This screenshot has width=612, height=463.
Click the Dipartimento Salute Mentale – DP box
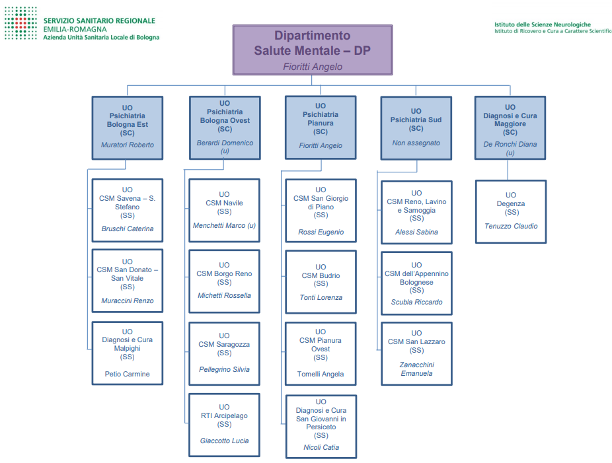click(312, 50)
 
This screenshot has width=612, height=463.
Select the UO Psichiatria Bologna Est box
click(127, 127)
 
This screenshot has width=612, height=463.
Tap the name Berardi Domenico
click(225, 143)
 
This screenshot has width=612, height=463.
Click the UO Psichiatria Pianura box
click(321, 127)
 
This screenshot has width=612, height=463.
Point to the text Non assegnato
click(416, 143)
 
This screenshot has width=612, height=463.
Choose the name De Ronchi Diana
click(510, 144)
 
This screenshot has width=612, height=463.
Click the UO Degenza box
click(511, 211)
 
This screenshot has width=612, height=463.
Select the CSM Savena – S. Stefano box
click(127, 210)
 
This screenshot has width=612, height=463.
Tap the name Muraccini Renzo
click(127, 301)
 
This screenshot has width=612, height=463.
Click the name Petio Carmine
click(127, 374)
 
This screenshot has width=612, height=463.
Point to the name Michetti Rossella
click(225, 295)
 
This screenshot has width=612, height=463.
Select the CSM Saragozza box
click(225, 353)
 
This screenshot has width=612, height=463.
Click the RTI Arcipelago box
click(225, 424)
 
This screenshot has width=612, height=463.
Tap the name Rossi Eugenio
click(321, 232)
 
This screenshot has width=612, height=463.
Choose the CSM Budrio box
click(321, 282)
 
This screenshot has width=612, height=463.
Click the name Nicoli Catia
click(321, 447)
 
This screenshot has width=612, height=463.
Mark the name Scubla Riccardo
click(416, 302)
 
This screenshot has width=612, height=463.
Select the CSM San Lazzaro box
click(416, 353)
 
